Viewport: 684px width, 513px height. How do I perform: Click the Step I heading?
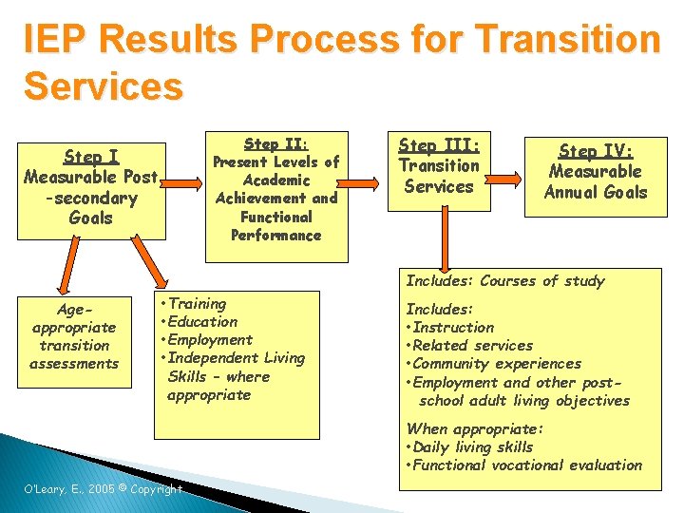91,157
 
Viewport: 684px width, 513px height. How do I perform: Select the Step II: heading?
275,144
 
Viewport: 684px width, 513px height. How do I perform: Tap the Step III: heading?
439,145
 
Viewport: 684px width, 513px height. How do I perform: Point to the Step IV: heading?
596,151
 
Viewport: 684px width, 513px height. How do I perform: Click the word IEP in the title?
58,40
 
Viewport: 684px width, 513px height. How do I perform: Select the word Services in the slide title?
103,85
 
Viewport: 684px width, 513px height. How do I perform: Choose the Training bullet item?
196,304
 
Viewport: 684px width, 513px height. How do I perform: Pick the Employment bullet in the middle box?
209,340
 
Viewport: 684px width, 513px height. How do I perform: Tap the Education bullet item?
200,322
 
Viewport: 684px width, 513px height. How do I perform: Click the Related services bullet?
469,346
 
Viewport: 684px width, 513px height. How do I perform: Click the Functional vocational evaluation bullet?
524,465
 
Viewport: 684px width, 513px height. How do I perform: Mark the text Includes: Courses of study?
504,281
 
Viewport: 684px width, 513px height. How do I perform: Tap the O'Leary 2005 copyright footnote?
103,489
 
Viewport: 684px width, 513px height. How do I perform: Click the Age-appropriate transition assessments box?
74,336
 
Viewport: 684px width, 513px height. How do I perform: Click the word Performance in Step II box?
275,235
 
